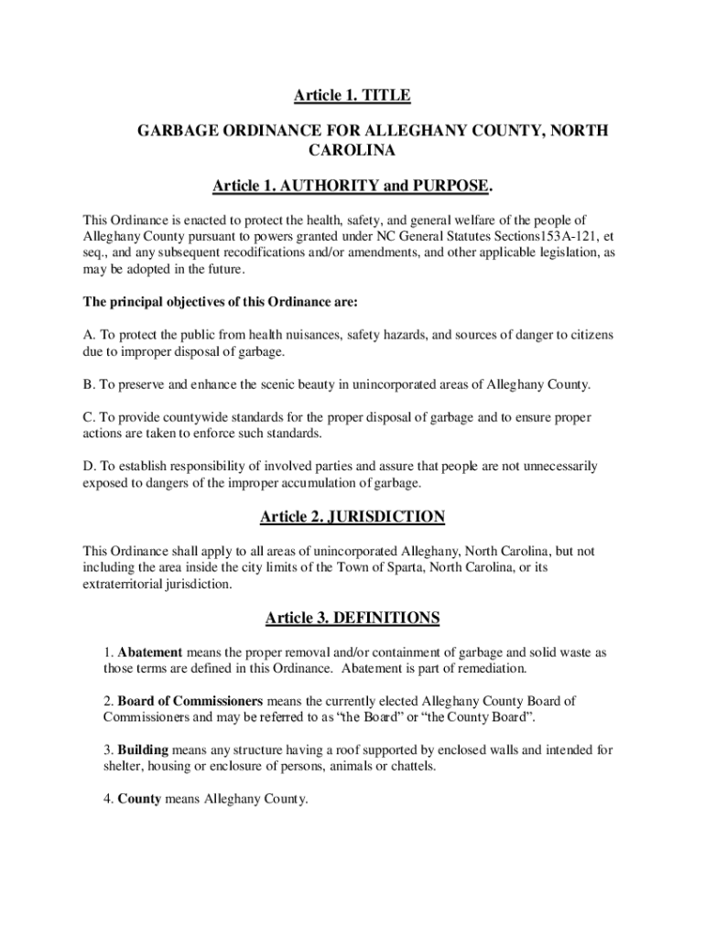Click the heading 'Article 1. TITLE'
pyautogui.click(x=352, y=95)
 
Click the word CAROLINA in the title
pyautogui.click(x=352, y=149)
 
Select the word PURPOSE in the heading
pyautogui.click(x=450, y=187)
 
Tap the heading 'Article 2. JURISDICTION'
pyautogui.click(x=352, y=517)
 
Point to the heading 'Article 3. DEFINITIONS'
pyautogui.click(x=352, y=619)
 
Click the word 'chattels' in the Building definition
pyautogui.click(x=411, y=767)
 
